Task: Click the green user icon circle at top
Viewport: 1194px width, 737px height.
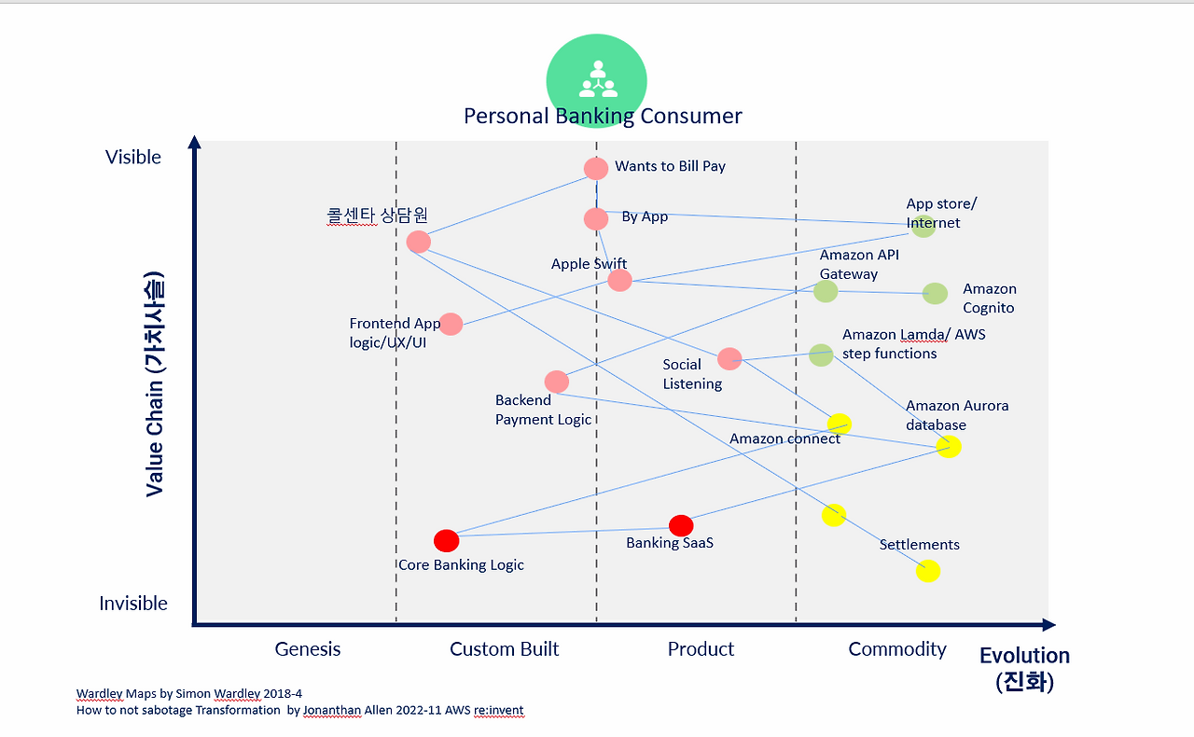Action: (x=596, y=79)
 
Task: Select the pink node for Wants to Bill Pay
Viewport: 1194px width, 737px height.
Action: (x=596, y=169)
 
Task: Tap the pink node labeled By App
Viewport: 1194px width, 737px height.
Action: (x=596, y=219)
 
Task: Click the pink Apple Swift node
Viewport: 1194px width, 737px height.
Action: (x=619, y=280)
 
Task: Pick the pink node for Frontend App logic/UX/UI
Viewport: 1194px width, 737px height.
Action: (x=451, y=324)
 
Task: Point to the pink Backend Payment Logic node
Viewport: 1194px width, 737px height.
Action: (x=557, y=382)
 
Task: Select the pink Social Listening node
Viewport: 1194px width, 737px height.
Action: (x=729, y=358)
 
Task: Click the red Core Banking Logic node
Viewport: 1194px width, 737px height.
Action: (x=447, y=540)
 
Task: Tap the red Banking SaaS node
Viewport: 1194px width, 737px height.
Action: (x=681, y=526)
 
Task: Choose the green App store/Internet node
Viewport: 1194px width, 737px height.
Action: (x=923, y=226)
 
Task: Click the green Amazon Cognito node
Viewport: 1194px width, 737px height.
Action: (x=935, y=293)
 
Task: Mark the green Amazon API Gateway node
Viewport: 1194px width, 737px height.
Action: (x=826, y=291)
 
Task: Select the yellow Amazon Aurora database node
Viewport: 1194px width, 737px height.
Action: (x=949, y=447)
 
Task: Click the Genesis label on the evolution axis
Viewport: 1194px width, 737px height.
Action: (x=308, y=649)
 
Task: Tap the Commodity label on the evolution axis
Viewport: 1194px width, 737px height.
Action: (x=897, y=649)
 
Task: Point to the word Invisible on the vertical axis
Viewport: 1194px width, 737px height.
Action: (x=133, y=604)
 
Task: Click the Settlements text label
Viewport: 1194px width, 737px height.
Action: (x=919, y=545)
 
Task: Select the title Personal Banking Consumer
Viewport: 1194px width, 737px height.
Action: (x=603, y=117)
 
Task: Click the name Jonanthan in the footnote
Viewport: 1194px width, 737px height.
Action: (x=333, y=710)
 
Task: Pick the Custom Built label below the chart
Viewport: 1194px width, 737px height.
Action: (x=504, y=649)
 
